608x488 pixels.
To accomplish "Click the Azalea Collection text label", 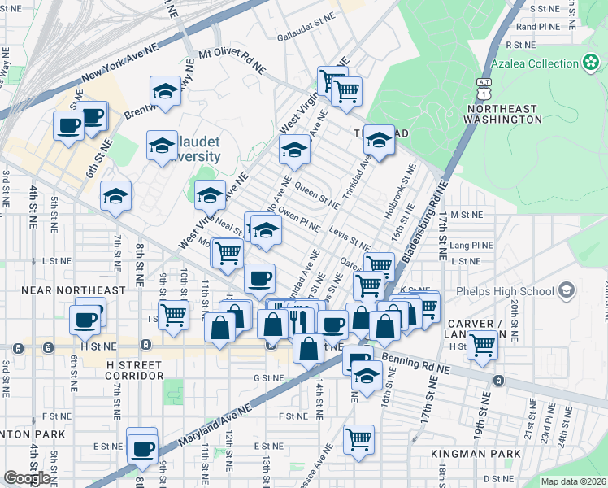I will click(534, 64).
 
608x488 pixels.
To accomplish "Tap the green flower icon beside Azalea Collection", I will click(591, 63).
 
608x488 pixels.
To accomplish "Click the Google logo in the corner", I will click(26, 478).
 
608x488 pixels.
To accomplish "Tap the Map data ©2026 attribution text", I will click(572, 481).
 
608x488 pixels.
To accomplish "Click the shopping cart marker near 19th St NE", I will click(483, 344).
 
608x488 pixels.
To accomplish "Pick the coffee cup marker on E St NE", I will click(143, 447).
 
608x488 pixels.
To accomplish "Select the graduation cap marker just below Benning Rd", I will click(367, 377).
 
